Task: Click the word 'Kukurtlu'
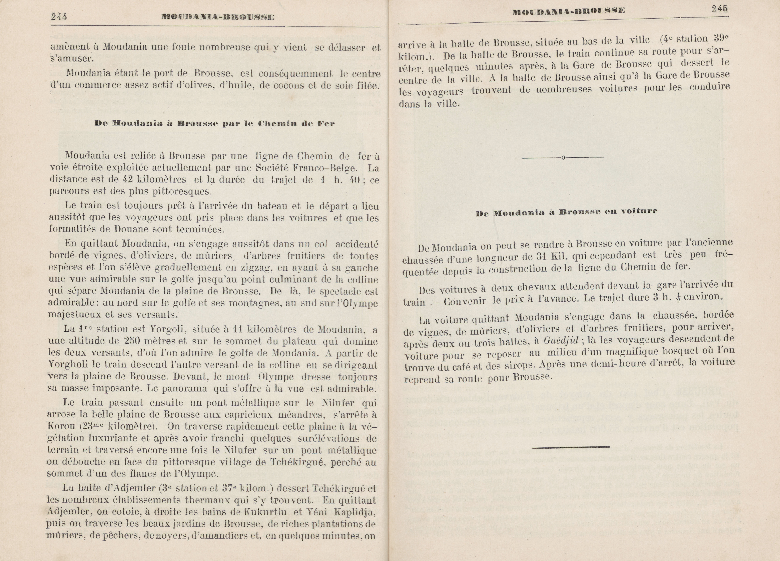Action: (265, 512)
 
